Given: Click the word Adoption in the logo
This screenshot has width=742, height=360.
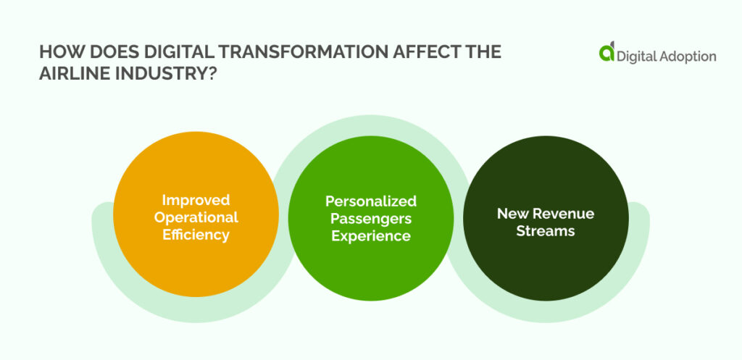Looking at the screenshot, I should [687, 55].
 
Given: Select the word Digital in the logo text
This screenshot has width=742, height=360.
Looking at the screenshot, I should [636, 55].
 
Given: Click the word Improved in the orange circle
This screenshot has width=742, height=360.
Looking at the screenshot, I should [196, 199].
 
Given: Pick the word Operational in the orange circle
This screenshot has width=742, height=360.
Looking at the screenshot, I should [196, 217].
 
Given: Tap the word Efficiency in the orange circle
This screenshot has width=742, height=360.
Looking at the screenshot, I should [196, 234].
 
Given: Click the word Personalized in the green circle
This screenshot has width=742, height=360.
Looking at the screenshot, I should [370, 201].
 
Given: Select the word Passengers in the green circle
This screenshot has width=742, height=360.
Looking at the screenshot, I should [370, 218].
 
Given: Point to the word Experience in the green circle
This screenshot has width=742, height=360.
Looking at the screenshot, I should [370, 235].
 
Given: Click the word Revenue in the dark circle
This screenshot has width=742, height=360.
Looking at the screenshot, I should [563, 214].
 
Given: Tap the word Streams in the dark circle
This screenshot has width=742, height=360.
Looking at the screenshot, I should [545, 231].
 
